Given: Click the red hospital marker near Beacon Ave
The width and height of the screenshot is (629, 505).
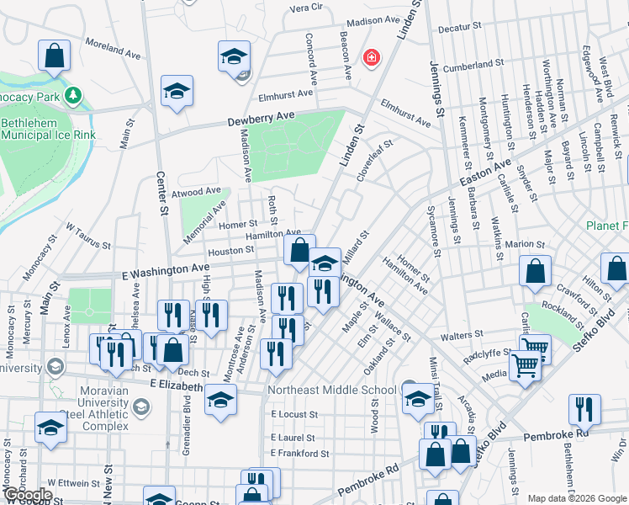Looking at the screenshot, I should pos(370,58).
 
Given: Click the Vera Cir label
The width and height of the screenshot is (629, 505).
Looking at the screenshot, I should pos(306,8).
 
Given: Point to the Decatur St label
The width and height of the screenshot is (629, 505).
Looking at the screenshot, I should pos(458,28).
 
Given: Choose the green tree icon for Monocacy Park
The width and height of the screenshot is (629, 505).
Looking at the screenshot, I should pos(74,96).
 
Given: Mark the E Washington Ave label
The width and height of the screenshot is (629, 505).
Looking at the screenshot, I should pos(165,267).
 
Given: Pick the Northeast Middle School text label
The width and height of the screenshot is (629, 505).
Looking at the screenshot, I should pos(331,390).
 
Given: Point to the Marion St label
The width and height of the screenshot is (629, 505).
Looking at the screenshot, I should pos(526,244).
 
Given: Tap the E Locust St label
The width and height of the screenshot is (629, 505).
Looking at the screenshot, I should pos(294,414).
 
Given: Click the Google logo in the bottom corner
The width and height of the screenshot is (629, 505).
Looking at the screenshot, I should pos(28,494).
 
